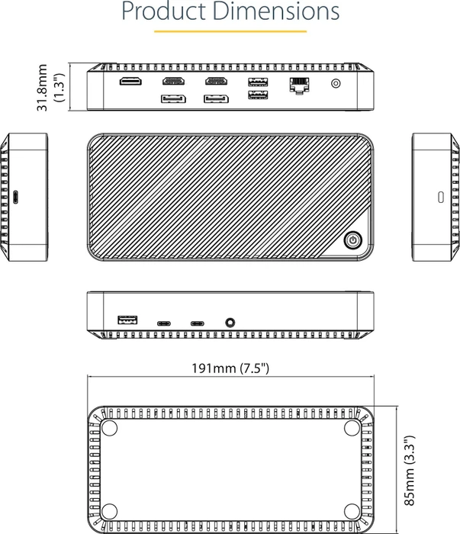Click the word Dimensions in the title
276,11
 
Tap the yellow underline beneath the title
230,31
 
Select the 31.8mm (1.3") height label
50,88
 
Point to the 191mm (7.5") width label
230,368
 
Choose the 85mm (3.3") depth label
409,470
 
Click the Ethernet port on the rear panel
299,85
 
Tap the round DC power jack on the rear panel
336,83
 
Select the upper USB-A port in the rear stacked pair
258,82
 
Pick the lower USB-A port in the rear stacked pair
258,95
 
